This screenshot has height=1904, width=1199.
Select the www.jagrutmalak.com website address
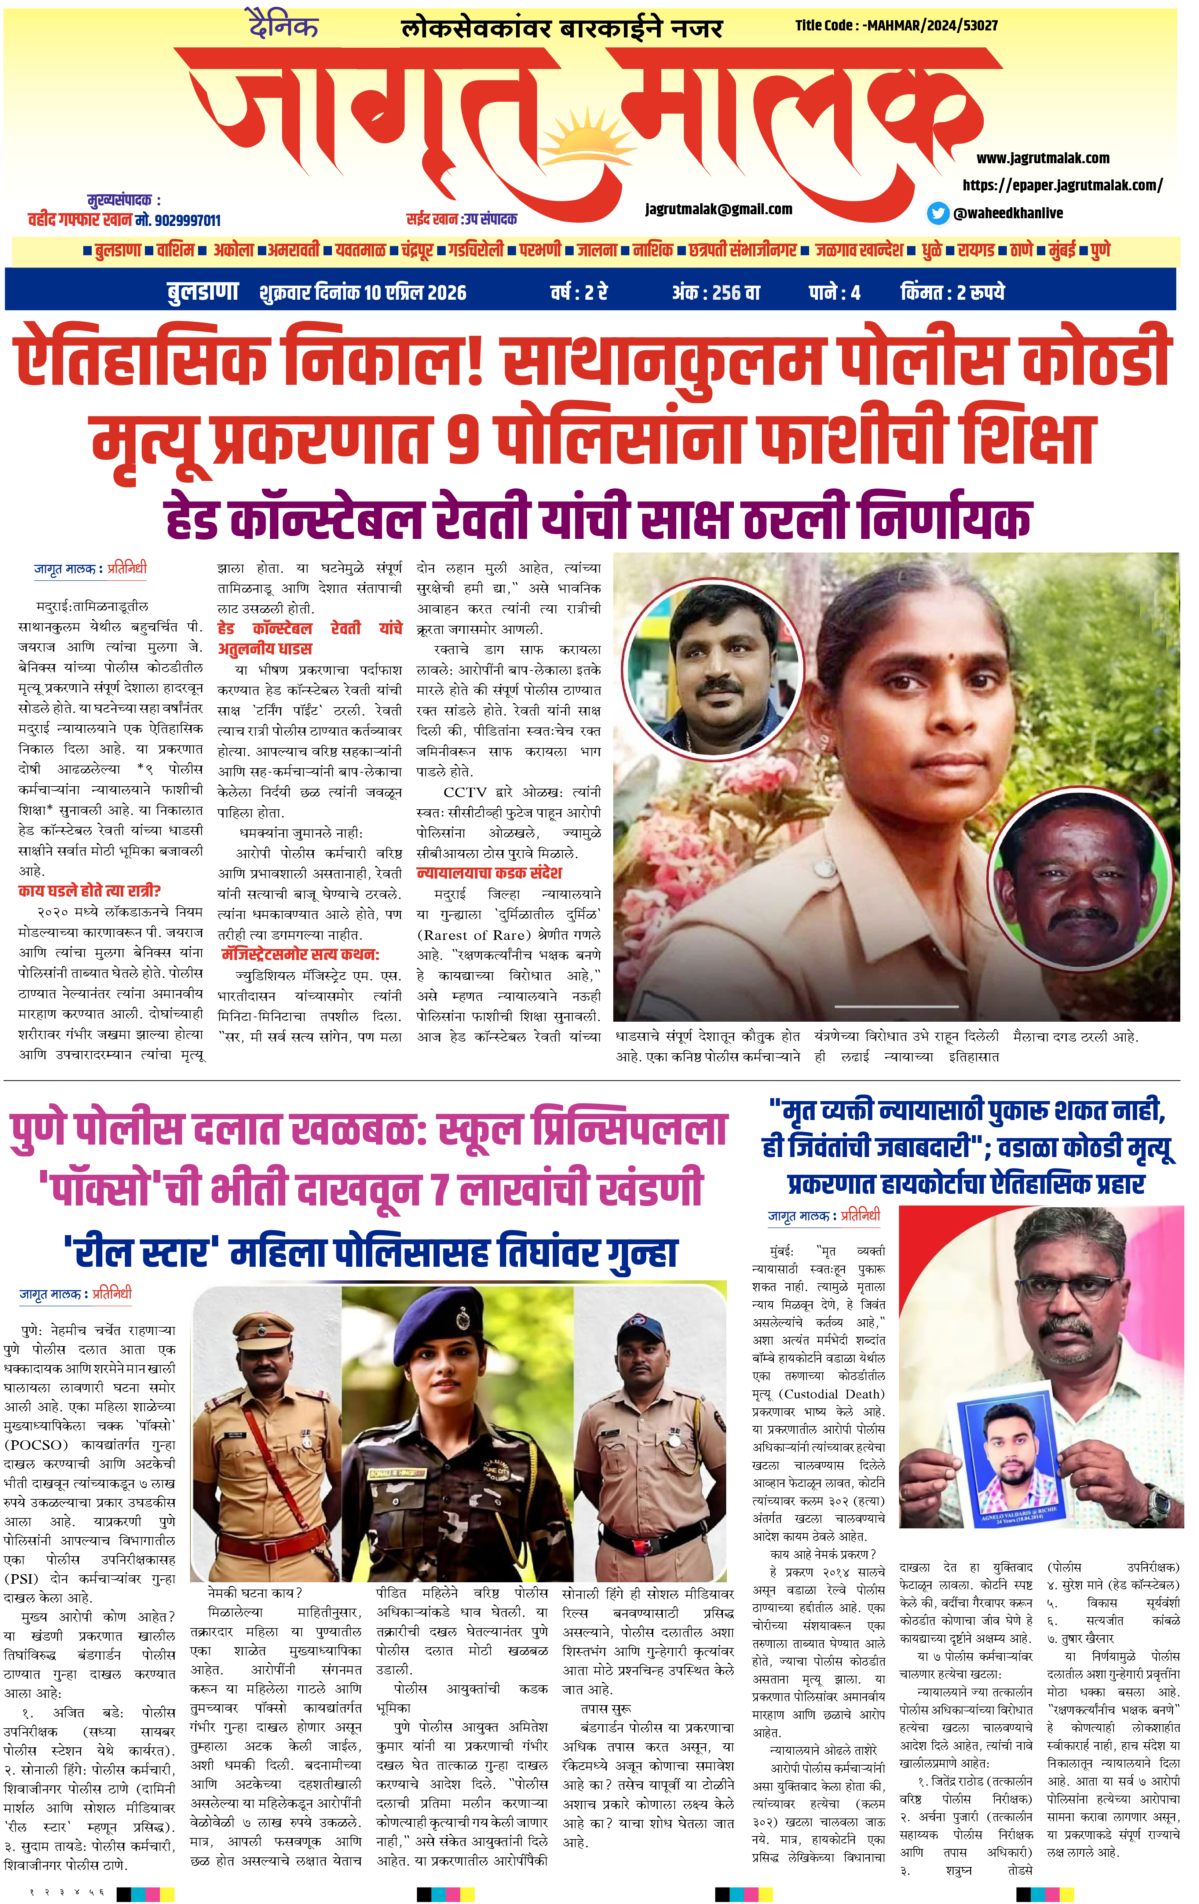(1042, 158)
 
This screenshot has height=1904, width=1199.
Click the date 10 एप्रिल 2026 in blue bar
(415, 292)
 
